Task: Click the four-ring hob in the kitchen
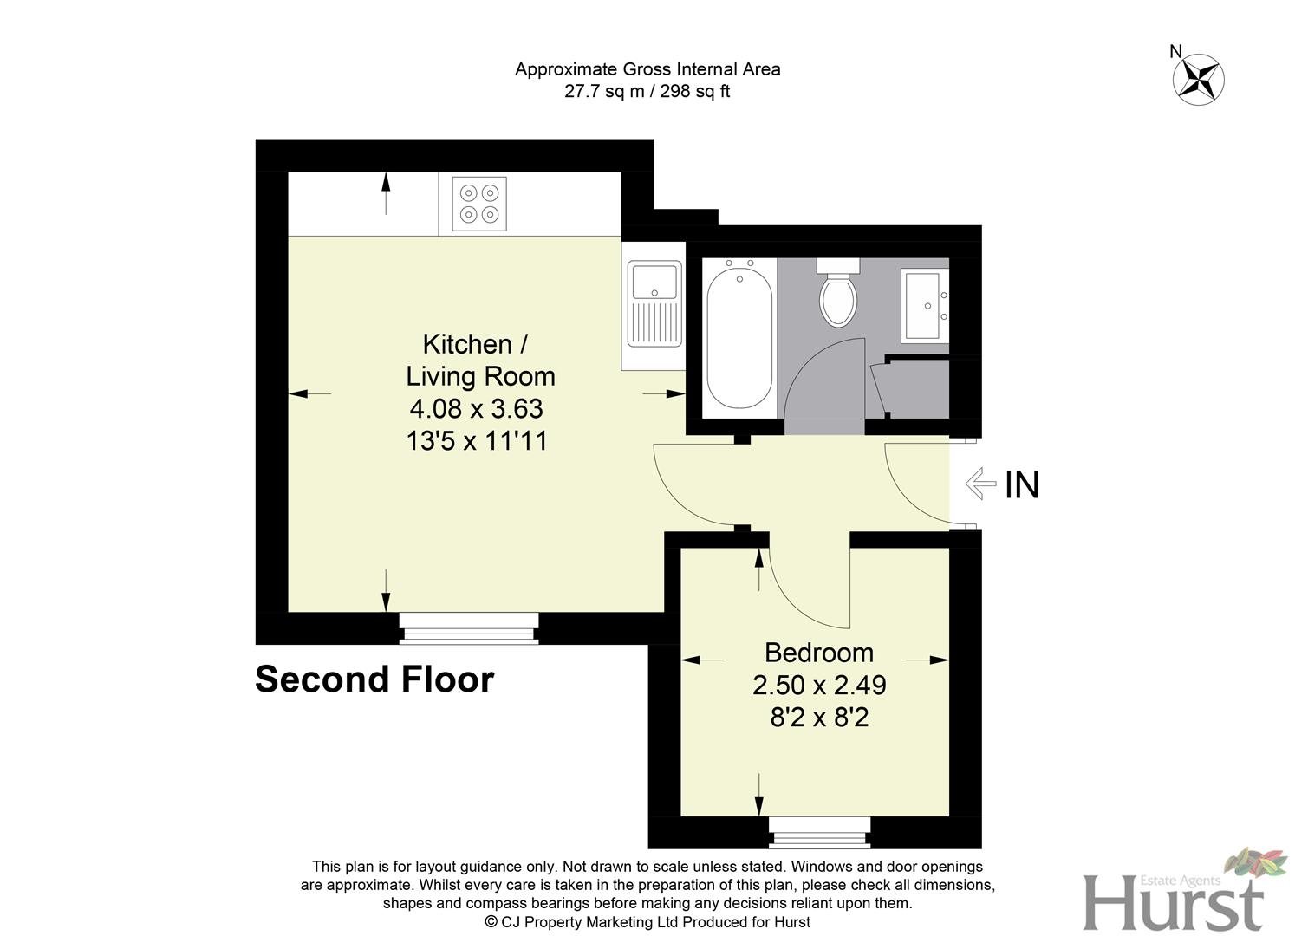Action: pyautogui.click(x=479, y=204)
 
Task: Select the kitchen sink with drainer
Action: pyautogui.click(x=654, y=304)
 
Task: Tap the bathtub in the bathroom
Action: pyautogui.click(x=739, y=338)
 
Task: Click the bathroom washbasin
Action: pyautogui.click(x=925, y=305)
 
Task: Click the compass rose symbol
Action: pyautogui.click(x=1198, y=79)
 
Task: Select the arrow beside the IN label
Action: pyautogui.click(x=980, y=484)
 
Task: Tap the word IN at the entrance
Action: pyautogui.click(x=1022, y=485)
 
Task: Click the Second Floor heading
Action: pyautogui.click(x=374, y=679)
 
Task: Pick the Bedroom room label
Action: pyautogui.click(x=819, y=652)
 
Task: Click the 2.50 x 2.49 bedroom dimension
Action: pyautogui.click(x=819, y=686)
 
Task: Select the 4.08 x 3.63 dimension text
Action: pyautogui.click(x=476, y=408)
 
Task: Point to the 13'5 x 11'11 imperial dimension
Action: pyautogui.click(x=477, y=441)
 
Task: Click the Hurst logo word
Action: pyautogui.click(x=1172, y=904)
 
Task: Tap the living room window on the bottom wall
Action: pyautogui.click(x=469, y=627)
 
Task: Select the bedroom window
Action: pyautogui.click(x=819, y=832)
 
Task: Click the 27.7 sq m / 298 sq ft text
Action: pyautogui.click(x=647, y=91)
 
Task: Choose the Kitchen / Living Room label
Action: pyautogui.click(x=479, y=360)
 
